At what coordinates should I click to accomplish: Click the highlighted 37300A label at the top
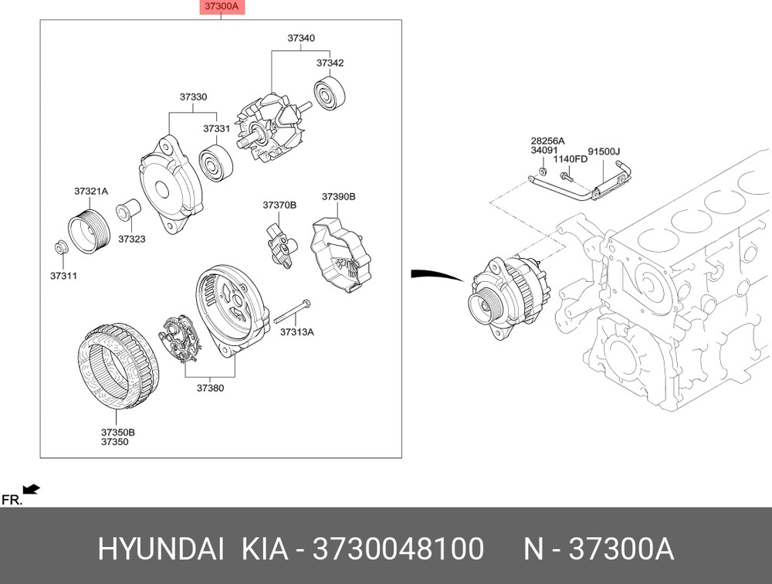[x=222, y=7]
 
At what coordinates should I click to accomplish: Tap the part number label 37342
[x=330, y=63]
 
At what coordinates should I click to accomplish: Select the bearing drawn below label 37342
[x=330, y=93]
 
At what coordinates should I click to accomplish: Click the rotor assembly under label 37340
[x=273, y=127]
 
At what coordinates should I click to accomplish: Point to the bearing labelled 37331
[x=215, y=163]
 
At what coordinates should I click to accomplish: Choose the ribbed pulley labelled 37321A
[x=89, y=231]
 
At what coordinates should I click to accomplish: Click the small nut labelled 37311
[x=60, y=247]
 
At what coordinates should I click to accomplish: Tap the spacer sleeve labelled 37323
[x=128, y=210]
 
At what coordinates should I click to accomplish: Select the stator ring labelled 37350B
[x=118, y=366]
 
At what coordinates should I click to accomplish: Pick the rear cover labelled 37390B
[x=340, y=255]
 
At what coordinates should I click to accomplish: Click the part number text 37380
[x=210, y=388]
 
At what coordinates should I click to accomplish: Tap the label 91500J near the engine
[x=604, y=151]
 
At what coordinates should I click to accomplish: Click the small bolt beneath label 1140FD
[x=567, y=175]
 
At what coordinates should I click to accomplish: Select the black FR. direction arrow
[x=32, y=490]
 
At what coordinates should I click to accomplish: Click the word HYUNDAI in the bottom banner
[x=161, y=548]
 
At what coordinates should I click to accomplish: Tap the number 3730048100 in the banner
[x=398, y=548]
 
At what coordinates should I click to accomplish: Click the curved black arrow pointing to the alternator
[x=437, y=274]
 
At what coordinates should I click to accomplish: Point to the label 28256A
[x=547, y=141]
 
